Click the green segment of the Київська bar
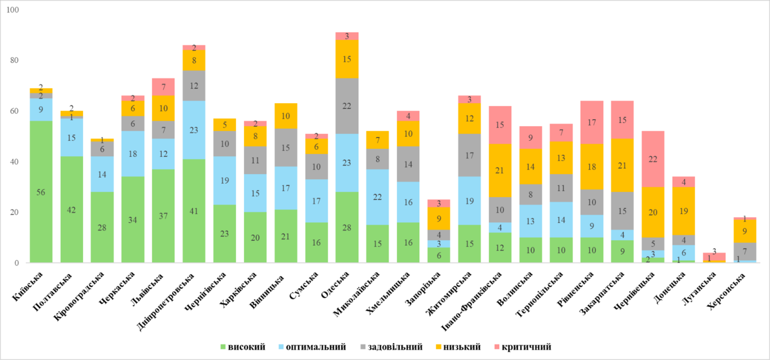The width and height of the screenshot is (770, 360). click(x=41, y=191)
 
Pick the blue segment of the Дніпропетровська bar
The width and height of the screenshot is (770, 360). click(x=194, y=130)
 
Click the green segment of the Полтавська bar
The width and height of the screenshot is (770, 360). click(x=72, y=209)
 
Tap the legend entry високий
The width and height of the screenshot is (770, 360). click(x=246, y=347)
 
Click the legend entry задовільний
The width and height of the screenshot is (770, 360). click(x=395, y=347)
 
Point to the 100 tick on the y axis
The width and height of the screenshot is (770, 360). click(x=12, y=10)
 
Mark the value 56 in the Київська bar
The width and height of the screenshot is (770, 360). click(x=41, y=191)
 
